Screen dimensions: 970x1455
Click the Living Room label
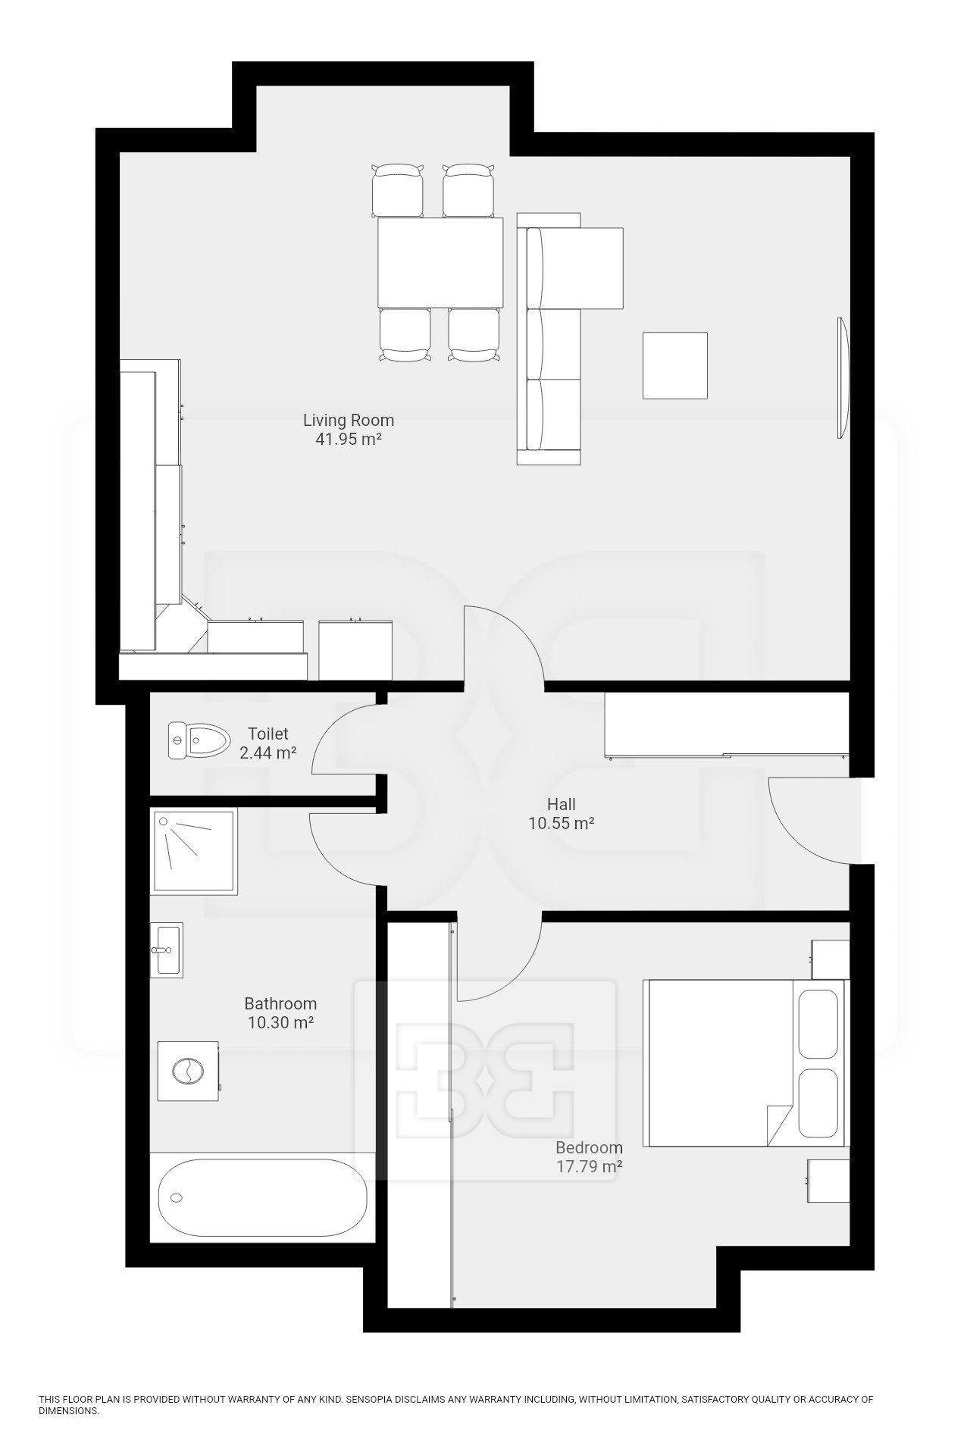[349, 420]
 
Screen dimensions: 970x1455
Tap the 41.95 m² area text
[349, 439]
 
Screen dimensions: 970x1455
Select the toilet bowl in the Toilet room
[199, 740]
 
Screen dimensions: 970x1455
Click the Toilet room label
[268, 734]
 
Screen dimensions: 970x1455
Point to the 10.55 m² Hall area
[561, 823]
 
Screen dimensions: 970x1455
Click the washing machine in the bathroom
[189, 1071]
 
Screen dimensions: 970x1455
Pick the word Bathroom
[280, 1004]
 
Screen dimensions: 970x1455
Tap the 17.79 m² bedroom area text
[589, 1167]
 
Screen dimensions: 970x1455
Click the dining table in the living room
[440, 263]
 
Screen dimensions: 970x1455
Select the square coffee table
[675, 365]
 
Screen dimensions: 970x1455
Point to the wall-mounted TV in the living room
[841, 377]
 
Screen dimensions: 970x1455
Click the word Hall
[562, 804]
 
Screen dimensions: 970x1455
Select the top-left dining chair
[398, 190]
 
